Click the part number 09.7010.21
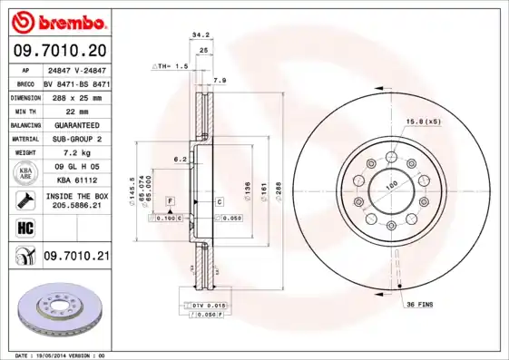point(75,258)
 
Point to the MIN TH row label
point(24,111)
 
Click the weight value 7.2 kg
point(75,153)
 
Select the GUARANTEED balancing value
point(75,125)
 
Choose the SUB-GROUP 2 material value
point(75,139)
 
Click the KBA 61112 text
point(75,180)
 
